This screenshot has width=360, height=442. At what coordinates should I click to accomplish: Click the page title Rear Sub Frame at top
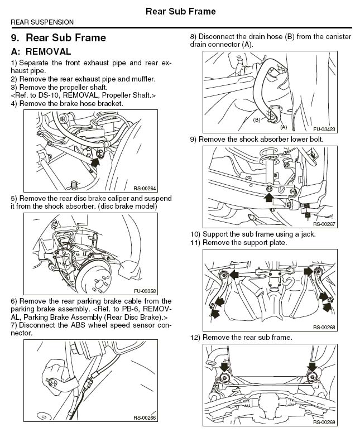click(180, 11)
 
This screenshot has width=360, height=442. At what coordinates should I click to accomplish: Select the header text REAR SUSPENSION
click(42, 22)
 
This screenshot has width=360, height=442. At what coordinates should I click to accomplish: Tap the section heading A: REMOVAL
click(41, 51)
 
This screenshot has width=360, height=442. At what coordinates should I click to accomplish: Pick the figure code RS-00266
click(144, 417)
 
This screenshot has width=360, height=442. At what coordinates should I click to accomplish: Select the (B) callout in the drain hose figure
click(257, 119)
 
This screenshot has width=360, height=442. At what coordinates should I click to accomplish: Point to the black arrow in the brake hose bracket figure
click(95, 162)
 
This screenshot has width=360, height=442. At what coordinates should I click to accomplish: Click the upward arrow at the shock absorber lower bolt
click(270, 197)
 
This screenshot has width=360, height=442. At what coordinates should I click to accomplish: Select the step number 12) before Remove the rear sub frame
click(195, 338)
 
